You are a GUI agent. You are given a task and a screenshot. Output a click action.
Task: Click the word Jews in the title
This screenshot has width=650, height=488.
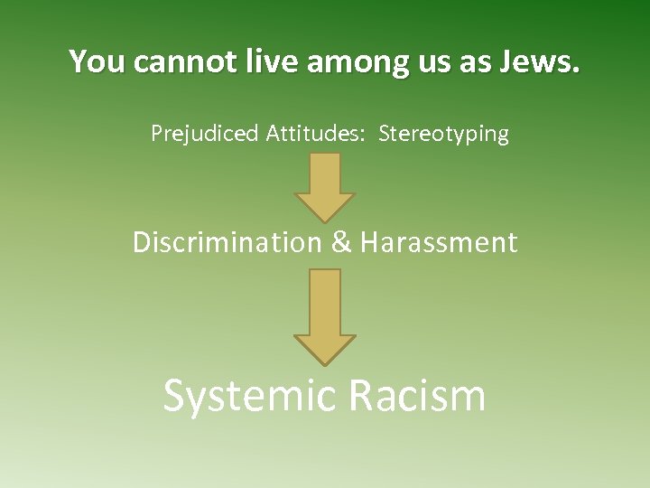click(x=543, y=61)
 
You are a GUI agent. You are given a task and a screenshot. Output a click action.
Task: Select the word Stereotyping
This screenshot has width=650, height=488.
click(x=443, y=135)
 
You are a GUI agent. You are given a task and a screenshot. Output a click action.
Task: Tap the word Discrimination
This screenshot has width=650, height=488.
click(x=227, y=242)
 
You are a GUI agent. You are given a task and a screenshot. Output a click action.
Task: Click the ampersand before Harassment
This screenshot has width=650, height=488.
click(x=342, y=242)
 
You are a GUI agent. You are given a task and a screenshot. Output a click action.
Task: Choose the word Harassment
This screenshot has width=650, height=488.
click(x=439, y=242)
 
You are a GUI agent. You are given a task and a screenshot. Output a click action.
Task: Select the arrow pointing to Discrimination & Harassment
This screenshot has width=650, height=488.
click(x=325, y=185)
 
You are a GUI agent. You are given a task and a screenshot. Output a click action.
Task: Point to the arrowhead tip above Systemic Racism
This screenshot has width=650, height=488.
click(x=325, y=362)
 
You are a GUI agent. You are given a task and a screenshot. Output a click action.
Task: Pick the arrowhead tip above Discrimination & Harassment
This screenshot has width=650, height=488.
click(x=325, y=221)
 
